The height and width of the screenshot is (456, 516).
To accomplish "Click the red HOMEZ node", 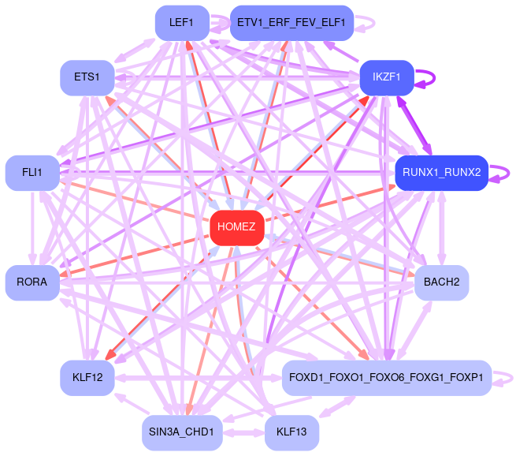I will point(236,227).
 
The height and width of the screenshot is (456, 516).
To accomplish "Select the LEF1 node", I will point(181,23).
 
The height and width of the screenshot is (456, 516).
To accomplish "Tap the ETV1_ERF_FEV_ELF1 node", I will point(291,23).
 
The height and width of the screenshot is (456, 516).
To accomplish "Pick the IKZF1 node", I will point(386,77).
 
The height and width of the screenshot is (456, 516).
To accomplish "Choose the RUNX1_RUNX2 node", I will point(441,172).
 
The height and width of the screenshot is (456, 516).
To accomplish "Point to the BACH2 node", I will point(441,282).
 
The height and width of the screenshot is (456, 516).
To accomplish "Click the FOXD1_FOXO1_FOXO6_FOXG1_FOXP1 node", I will point(387,378).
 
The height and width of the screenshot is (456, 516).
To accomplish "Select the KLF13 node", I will point(291,432).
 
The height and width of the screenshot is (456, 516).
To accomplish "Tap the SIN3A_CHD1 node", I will point(181,432).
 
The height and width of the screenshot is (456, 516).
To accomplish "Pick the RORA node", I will point(32,282).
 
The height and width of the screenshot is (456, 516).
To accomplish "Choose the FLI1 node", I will point(32,172).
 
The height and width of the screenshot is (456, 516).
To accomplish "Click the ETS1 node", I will point(87,77).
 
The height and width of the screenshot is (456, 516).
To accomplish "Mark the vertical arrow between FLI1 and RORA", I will point(33,227).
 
